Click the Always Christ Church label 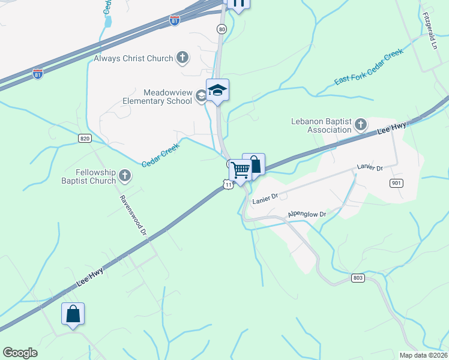133,58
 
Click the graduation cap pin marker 217,91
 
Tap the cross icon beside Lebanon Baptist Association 360,125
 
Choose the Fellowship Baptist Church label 88,176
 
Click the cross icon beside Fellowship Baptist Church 125,176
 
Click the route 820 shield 85,139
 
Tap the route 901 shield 396,183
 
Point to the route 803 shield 358,278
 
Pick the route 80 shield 222,29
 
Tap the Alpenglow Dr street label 307,214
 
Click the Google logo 20,353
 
